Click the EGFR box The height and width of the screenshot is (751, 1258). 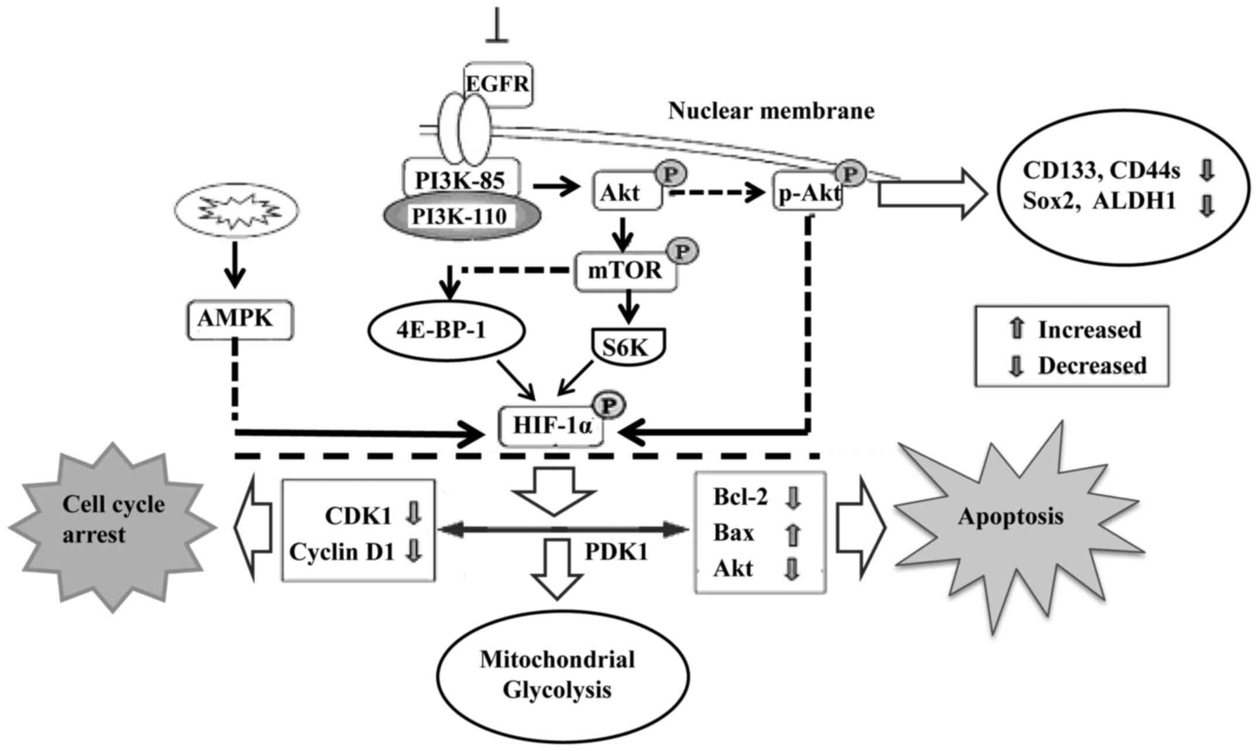(498, 84)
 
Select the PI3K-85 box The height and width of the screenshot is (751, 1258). (460, 180)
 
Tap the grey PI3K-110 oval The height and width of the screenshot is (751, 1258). (460, 217)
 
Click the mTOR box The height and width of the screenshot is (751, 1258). (625, 271)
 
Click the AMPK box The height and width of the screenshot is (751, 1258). (239, 319)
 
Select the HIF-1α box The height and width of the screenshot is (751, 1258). (551, 426)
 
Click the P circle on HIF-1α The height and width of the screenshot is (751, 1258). (610, 405)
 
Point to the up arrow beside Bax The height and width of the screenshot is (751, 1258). (792, 534)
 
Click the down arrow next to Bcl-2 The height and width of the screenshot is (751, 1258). (792, 498)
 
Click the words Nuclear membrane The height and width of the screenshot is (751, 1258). (771, 111)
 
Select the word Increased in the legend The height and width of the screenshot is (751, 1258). (1089, 330)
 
